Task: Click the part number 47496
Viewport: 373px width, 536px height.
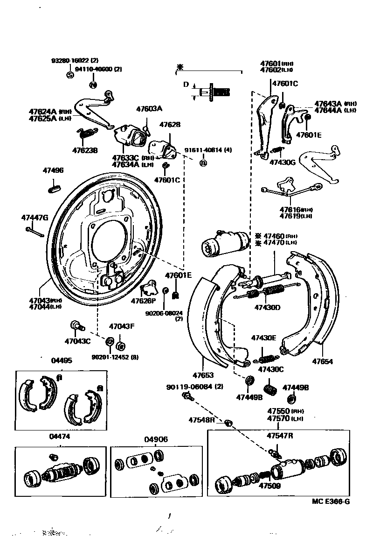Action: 53,171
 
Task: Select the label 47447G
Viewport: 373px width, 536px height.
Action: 35,217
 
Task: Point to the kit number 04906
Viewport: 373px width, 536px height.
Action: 155,439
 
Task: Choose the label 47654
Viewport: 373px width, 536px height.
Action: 323,361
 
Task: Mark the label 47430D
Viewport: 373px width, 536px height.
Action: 268,308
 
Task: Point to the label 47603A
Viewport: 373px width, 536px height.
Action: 149,109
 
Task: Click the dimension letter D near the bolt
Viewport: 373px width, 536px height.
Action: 185,85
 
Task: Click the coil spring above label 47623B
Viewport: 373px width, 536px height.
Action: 87,133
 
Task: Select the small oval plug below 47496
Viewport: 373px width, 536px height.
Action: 55,189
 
